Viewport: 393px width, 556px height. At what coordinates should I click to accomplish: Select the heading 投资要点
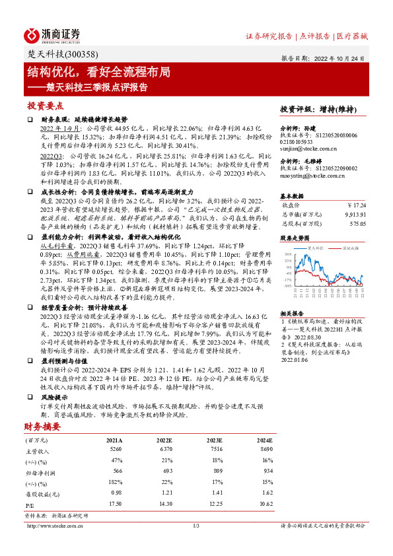(44, 105)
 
